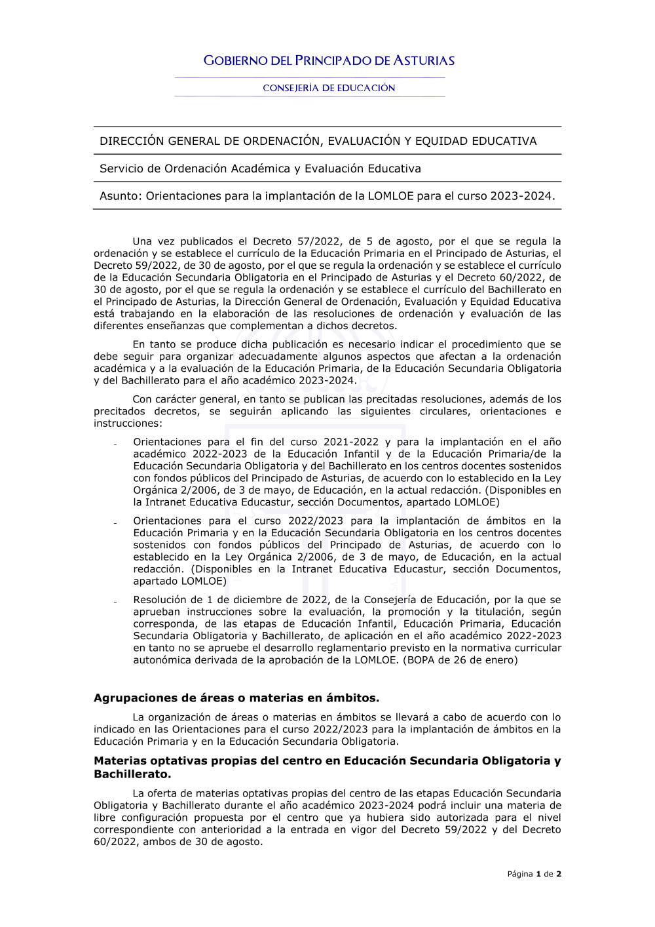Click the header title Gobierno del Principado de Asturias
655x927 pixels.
click(329, 61)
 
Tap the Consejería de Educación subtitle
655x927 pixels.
click(329, 88)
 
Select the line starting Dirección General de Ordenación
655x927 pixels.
click(318, 141)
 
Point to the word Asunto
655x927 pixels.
click(119, 196)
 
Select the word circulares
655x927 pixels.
click(444, 412)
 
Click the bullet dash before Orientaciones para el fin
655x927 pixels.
click(115, 444)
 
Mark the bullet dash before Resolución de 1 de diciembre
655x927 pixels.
click(115, 602)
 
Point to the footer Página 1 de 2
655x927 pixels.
click(534, 874)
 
